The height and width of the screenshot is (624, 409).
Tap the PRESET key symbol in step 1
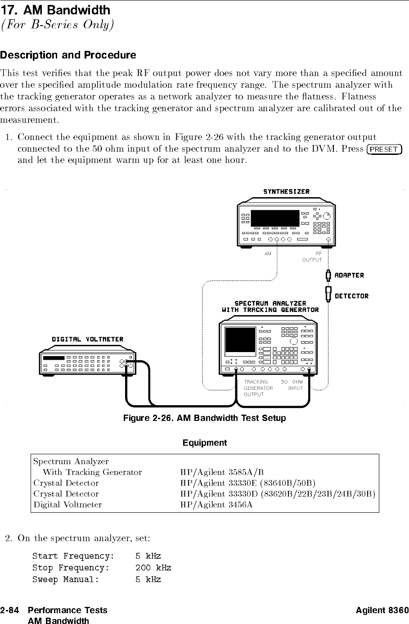(384, 149)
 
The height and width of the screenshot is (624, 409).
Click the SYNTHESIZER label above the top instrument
(286, 192)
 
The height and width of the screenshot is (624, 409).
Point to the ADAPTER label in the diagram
(350, 275)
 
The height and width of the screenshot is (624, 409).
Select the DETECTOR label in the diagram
(351, 296)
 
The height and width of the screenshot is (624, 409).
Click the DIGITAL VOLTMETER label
(87, 339)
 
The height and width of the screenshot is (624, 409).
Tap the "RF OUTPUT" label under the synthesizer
(312, 257)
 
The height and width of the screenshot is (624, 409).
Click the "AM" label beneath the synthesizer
(268, 254)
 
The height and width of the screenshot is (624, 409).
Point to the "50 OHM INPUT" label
(292, 385)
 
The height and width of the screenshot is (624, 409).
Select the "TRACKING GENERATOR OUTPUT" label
(258, 388)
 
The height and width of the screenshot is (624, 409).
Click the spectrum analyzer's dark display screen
(240, 340)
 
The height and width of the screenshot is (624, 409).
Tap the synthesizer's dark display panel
(275, 218)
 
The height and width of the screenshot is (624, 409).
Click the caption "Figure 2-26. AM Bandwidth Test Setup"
(204, 418)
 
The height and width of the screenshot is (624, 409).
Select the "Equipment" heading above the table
(204, 443)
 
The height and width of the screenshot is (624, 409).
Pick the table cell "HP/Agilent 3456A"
(216, 505)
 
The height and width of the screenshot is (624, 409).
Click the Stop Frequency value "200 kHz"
(153, 568)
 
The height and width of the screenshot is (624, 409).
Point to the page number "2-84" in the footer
(10, 610)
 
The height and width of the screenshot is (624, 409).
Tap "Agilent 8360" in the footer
(382, 610)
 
